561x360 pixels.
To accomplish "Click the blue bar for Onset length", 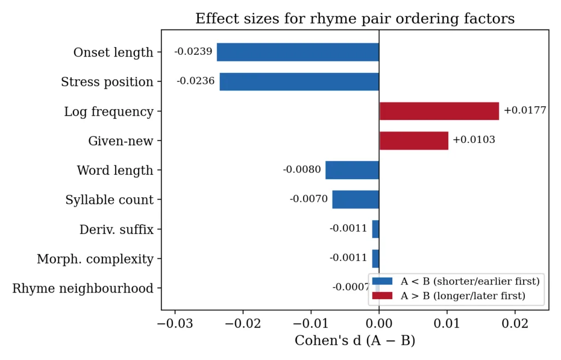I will coord(297,52).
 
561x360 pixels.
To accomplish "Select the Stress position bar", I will coord(299,82).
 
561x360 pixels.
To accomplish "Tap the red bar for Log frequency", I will coord(439,111).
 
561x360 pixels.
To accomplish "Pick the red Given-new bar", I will coord(414,140).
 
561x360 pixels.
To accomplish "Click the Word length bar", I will coord(352,170).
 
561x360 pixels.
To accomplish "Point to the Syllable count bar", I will coord(356,199).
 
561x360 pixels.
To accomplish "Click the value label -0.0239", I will coord(193,52).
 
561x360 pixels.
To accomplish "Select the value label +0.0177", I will coord(525,110).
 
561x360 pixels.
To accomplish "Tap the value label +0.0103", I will coord(473,140).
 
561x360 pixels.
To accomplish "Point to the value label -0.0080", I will coord(302,169).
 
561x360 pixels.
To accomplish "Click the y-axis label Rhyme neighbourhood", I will coord(83,288).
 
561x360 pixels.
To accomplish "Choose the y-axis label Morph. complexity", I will coord(95,259).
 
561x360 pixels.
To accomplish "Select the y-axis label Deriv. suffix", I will coord(116,229).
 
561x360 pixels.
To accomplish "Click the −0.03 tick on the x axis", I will coord(175,323).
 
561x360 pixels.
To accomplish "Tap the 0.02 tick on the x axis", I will coord(516,323).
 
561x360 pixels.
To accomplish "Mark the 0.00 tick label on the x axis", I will coord(379,323).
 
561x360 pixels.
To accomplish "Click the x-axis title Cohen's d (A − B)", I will coord(354,341).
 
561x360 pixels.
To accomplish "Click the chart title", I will coord(354,19).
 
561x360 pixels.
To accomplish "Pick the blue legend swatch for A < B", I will coord(382,281).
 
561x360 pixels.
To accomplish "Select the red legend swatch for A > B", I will coord(382,296).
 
